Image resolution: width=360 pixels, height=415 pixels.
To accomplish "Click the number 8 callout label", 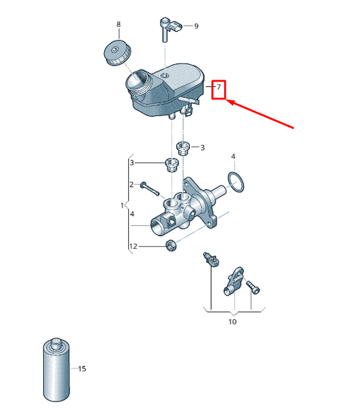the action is tap(118, 24).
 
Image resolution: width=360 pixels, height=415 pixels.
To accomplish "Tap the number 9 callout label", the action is tap(196, 26).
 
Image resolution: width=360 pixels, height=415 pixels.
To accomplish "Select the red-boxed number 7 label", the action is tap(219, 87).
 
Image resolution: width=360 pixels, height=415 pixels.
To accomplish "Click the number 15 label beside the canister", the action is tap(82, 368).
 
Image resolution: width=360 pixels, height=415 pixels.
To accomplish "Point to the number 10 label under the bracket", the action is tap(232, 322).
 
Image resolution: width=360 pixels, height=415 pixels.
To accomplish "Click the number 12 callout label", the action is tap(133, 246).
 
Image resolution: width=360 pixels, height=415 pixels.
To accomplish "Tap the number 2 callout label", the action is tap(132, 184).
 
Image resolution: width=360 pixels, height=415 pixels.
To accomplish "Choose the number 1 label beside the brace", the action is tap(122, 205).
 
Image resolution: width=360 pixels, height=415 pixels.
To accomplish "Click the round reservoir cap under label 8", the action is tap(117, 53).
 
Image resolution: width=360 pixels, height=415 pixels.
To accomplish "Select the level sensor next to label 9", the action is tap(170, 28).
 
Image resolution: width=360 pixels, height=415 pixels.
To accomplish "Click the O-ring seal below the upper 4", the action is tap(236, 182).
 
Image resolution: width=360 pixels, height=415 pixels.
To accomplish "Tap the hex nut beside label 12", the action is tap(171, 246).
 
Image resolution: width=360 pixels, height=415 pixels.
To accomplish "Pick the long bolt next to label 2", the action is tap(150, 188).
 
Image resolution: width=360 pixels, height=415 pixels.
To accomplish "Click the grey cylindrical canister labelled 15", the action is tap(57, 370).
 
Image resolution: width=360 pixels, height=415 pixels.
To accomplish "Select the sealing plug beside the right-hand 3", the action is tap(183, 148).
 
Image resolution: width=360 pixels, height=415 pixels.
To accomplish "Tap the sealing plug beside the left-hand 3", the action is tap(172, 165).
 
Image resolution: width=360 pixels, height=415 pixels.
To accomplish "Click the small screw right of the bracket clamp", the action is tap(253, 287).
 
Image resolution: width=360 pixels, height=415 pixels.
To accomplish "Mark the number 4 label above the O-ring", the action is tap(233, 157).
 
